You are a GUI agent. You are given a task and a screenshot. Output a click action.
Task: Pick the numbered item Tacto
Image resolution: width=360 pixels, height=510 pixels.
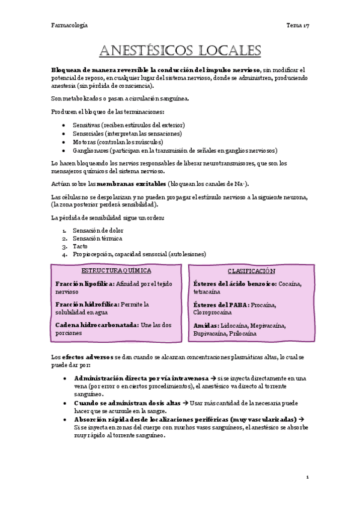(80, 246)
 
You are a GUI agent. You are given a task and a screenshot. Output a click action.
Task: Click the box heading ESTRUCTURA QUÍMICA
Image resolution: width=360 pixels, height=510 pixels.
(117, 271)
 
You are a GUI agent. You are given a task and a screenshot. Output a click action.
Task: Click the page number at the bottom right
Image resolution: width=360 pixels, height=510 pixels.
(307, 477)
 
